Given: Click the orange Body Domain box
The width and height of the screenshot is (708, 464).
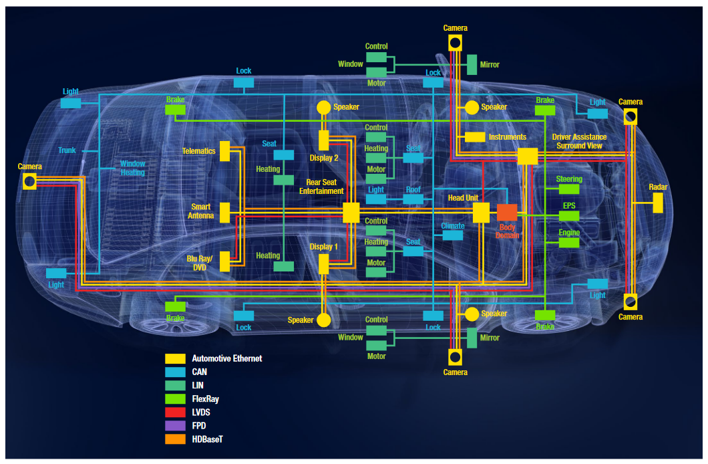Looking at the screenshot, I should click(507, 213).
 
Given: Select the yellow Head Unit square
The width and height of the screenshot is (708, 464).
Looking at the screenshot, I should click(481, 213).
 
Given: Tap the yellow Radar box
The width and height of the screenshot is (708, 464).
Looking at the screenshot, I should click(658, 203).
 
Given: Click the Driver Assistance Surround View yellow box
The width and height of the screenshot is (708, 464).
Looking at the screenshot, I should click(528, 156).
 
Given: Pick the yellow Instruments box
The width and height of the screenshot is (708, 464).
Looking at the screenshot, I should click(475, 137).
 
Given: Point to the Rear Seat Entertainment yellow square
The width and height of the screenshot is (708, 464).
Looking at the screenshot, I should click(351, 213).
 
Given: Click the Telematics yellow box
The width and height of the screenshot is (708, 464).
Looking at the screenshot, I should click(225, 151).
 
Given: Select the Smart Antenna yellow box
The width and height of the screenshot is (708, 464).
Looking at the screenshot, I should click(225, 213).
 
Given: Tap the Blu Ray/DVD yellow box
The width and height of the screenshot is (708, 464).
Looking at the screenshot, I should click(225, 261).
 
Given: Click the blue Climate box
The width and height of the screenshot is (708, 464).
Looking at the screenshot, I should click(452, 235).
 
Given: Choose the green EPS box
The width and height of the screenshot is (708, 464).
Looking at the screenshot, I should click(569, 215).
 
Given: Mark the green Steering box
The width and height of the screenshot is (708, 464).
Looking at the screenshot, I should click(569, 189).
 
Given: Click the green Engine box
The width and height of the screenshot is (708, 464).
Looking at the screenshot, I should click(569, 243).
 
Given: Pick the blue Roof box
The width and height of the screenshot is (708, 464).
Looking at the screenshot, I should click(413, 199).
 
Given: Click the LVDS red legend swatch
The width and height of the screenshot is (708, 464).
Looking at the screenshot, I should click(175, 413).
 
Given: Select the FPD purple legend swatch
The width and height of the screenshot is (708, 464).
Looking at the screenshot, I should click(175, 426).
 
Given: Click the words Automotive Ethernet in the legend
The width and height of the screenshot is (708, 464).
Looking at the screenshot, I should click(227, 358).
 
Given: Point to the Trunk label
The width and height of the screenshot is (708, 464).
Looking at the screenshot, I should click(67, 150).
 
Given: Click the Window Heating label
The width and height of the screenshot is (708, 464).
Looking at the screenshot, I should click(132, 168).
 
